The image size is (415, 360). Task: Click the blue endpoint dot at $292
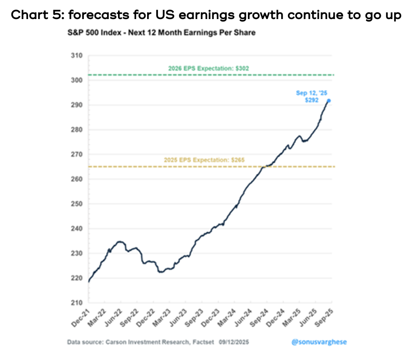pos(328,100)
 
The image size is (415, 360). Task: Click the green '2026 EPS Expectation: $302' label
pos(208,69)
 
